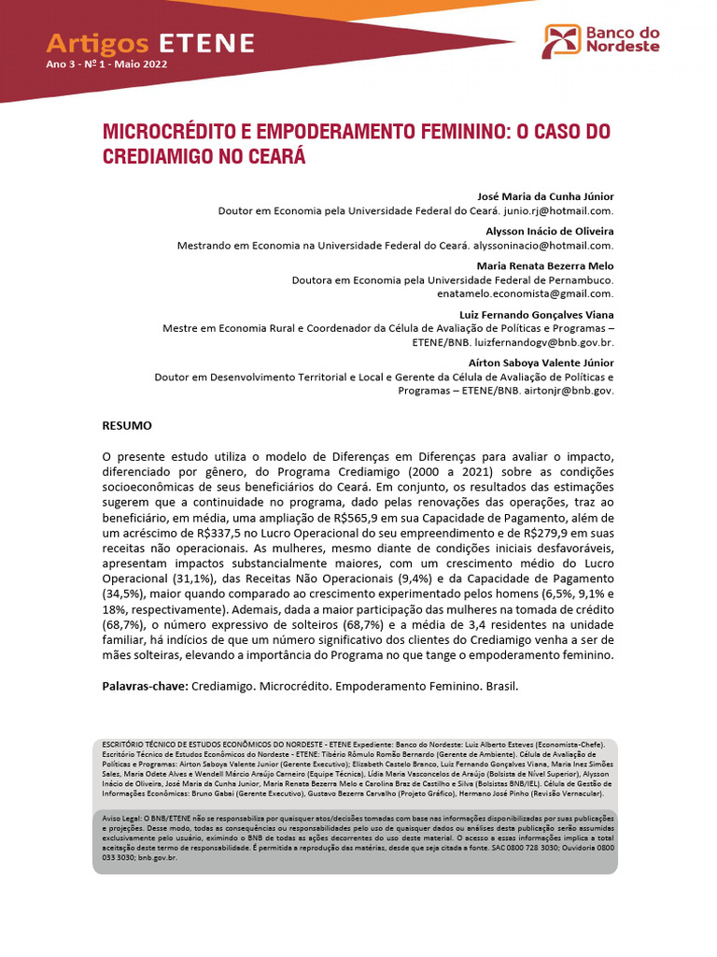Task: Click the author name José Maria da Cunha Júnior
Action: click(545, 196)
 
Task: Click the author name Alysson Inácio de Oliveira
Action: click(550, 231)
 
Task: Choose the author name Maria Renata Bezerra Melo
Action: click(545, 265)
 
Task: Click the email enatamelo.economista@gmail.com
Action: click(525, 293)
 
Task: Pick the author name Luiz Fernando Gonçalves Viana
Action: click(537, 314)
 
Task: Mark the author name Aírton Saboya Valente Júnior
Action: click(541, 362)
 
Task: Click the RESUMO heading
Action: click(127, 425)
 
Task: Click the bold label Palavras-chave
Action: click(144, 687)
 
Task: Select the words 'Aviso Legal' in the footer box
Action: click(121, 818)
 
